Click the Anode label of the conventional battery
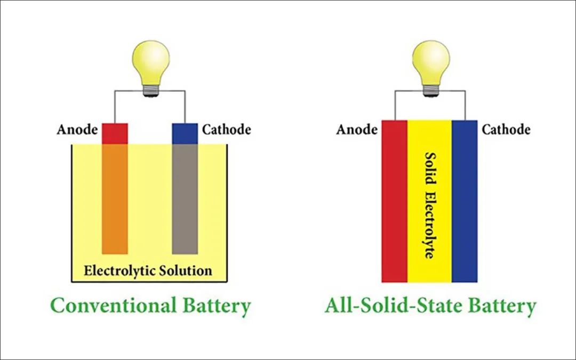77,130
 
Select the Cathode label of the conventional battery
226,130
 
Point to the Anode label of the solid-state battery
357,130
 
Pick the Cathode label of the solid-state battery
506,130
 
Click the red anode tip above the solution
115,133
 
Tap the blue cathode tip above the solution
185,133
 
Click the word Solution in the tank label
186,270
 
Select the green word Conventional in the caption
113,306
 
